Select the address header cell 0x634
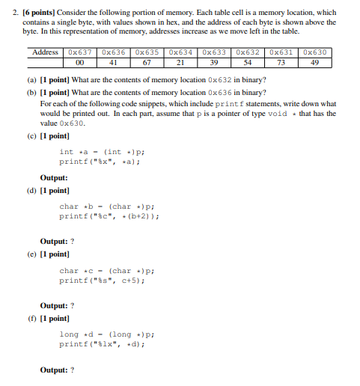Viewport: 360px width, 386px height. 182,52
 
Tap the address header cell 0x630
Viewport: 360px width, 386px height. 317,52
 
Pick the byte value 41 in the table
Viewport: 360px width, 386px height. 115,63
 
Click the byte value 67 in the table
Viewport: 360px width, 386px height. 148,63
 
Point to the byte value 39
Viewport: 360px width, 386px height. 216,63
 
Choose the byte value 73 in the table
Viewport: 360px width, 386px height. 283,63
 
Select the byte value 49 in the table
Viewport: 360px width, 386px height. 317,63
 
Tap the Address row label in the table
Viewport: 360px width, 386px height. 46,52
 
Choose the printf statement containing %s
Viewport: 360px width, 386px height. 103,281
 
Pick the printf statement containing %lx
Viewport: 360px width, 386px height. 101,345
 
